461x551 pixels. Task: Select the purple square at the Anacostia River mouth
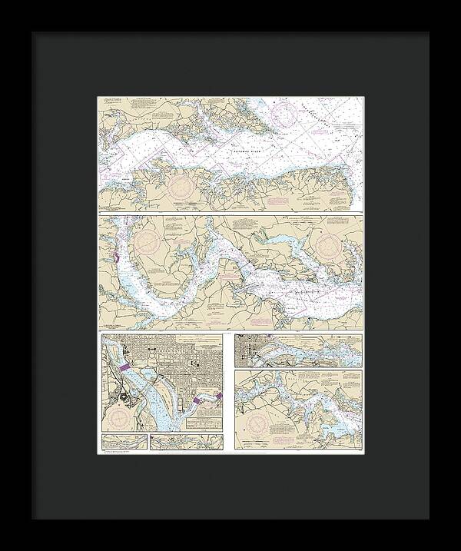pos(201,400)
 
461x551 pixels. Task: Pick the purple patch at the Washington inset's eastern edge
pos(219,396)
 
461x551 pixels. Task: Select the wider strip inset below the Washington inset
pos(187,441)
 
